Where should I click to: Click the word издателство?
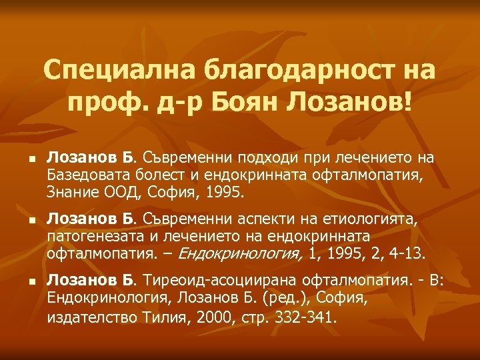pos(92,317)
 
